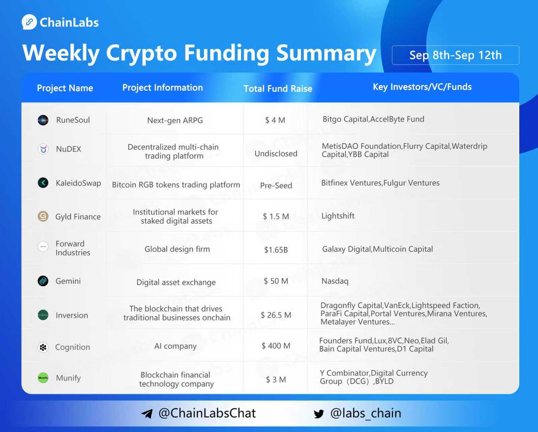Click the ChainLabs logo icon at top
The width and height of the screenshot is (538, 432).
(30, 22)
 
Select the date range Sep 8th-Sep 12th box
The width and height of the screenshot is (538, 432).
(455, 55)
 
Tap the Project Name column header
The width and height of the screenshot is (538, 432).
(65, 88)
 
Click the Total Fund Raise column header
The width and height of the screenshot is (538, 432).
(278, 88)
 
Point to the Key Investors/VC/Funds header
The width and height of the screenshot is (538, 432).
(422, 87)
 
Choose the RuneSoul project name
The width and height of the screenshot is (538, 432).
(73, 120)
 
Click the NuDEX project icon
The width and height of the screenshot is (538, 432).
(43, 149)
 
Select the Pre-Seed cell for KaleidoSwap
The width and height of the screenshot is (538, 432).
(276, 185)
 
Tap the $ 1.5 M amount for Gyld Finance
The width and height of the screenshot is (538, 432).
(276, 216)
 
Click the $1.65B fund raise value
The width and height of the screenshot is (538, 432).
(276, 250)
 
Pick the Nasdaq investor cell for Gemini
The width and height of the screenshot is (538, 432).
(335, 281)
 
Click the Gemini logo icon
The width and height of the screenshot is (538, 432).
(43, 281)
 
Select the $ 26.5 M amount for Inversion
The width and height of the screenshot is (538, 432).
(276, 315)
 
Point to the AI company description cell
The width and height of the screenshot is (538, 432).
(175, 346)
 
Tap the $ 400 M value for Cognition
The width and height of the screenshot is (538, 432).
(276, 346)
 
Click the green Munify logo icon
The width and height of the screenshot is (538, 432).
(43, 378)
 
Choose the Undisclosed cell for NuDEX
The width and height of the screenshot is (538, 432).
(276, 154)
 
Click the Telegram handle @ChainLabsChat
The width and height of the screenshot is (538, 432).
(207, 413)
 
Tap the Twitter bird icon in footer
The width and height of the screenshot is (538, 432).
(319, 414)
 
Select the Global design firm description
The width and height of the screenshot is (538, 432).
(177, 249)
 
